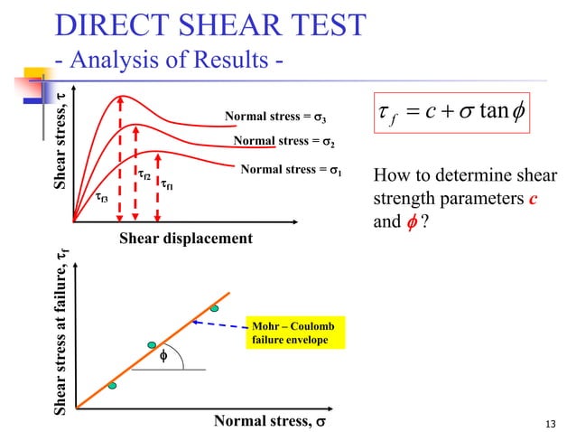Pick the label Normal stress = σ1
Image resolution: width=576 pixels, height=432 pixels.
click(x=291, y=169)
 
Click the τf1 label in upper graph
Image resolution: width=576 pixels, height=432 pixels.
click(x=167, y=187)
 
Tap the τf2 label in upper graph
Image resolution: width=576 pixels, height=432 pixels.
click(x=144, y=174)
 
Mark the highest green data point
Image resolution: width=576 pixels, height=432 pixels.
click(x=215, y=308)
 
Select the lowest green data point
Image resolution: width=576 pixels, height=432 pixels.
click(x=112, y=386)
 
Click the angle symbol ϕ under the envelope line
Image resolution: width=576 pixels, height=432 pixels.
click(x=163, y=357)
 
